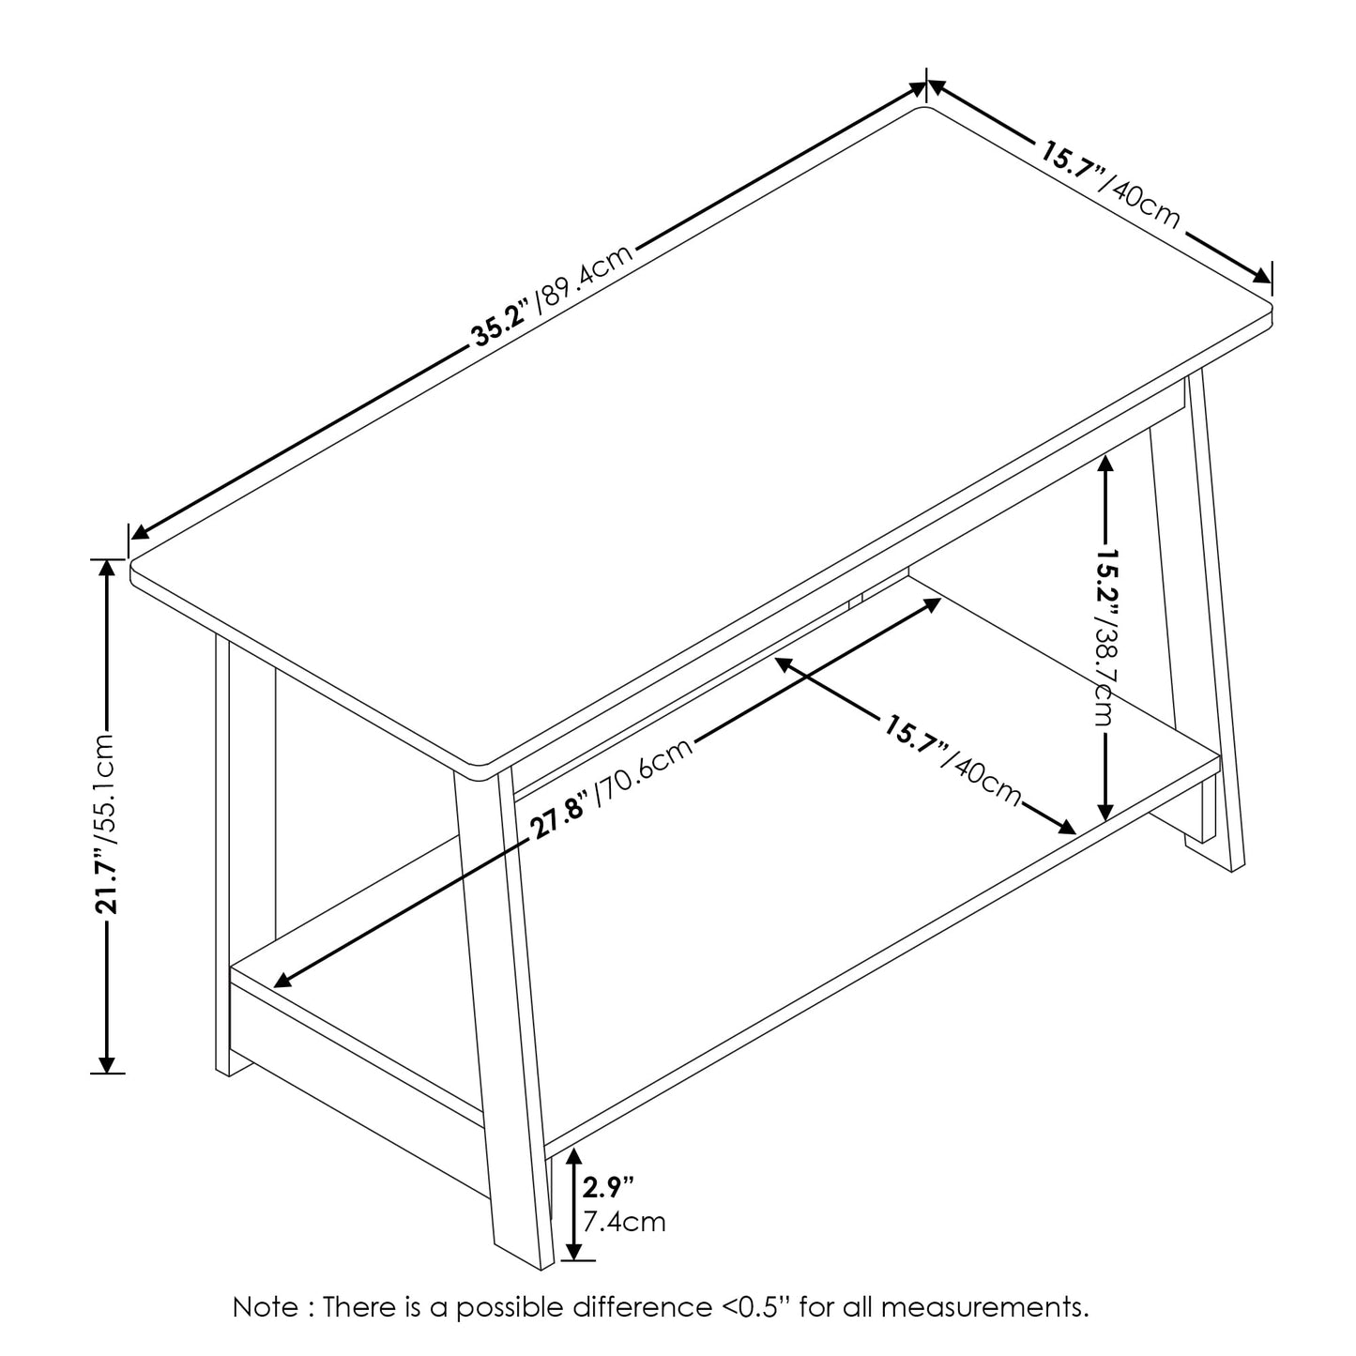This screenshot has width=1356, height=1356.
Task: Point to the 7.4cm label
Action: pyautogui.click(x=624, y=1222)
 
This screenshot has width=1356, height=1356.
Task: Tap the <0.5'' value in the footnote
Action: pyautogui.click(x=752, y=1306)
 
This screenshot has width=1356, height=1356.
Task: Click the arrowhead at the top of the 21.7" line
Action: pyautogui.click(x=109, y=569)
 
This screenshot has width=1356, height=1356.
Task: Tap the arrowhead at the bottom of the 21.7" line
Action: pyautogui.click(x=109, y=1063)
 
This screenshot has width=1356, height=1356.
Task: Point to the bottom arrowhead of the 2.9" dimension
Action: pyautogui.click(x=575, y=1251)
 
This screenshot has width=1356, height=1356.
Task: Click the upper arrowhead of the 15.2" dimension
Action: pyautogui.click(x=1106, y=463)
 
